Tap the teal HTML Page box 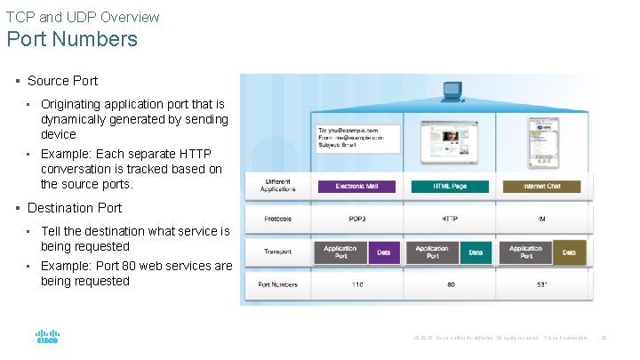[x=450, y=187]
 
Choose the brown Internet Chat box [x=540, y=187]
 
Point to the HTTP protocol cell [x=449, y=218]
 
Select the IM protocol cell [x=541, y=218]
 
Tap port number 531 [x=541, y=285]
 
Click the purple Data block [x=383, y=252]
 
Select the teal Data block [x=476, y=252]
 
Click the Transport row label [x=277, y=252]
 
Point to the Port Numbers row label [x=277, y=285]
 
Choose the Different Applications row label [x=277, y=186]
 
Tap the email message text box [x=358, y=139]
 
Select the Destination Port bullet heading [x=74, y=208]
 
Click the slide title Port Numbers [x=72, y=39]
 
